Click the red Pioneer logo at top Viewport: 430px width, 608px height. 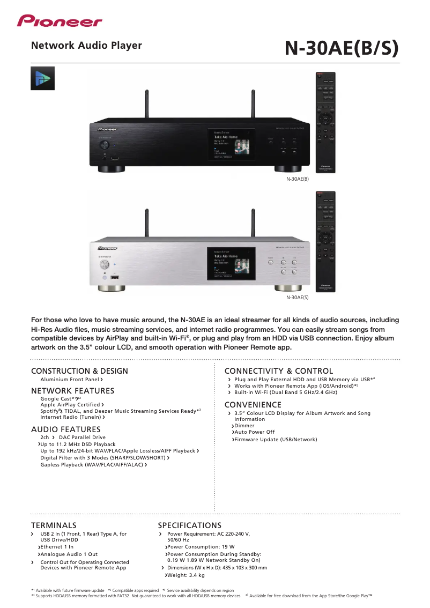59,21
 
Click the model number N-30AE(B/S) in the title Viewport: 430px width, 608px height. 342,48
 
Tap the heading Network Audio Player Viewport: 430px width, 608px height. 86,46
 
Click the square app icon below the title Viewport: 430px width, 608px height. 42,79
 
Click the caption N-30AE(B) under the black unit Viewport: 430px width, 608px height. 297,179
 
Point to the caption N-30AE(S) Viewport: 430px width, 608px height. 297,297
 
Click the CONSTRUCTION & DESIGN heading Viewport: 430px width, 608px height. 79,371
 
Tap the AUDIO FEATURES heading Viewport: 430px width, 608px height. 65,429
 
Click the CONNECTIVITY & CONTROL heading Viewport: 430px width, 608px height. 278,371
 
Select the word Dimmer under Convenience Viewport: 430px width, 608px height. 244,426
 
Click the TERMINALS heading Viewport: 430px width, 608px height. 54,525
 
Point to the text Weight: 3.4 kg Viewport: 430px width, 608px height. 186,575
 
